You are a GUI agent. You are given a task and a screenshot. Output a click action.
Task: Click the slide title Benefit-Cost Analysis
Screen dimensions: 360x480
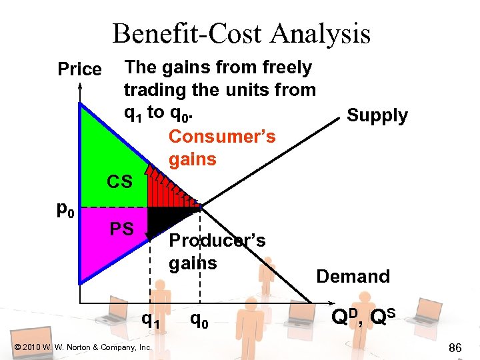tap(241, 33)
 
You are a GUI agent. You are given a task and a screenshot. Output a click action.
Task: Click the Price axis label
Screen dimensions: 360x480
tap(79, 69)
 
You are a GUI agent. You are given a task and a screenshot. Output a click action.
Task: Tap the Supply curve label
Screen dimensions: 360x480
tap(377, 115)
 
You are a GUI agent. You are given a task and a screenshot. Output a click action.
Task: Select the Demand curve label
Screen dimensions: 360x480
tap(353, 276)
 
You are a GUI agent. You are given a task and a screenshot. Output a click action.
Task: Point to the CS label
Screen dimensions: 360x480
tap(120, 181)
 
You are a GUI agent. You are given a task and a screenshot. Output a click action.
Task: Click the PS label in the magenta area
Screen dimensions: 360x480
tap(123, 229)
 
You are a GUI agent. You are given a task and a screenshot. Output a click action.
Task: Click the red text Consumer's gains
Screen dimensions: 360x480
tap(221, 147)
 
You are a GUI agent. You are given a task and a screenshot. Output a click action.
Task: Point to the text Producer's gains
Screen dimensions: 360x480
tap(217, 251)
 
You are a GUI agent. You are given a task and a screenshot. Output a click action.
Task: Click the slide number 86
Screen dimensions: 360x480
tap(455, 347)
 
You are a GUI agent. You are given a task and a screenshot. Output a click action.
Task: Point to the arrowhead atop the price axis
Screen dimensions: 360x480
tap(79, 87)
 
